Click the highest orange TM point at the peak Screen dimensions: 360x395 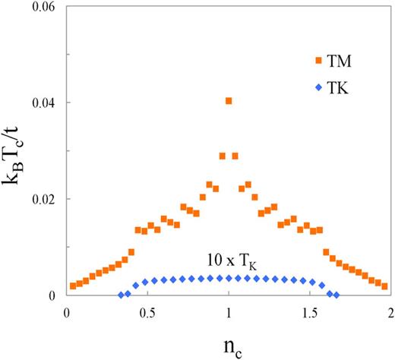(x=229, y=101)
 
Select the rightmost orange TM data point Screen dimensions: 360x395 (x=384, y=286)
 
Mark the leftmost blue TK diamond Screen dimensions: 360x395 (x=121, y=295)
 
